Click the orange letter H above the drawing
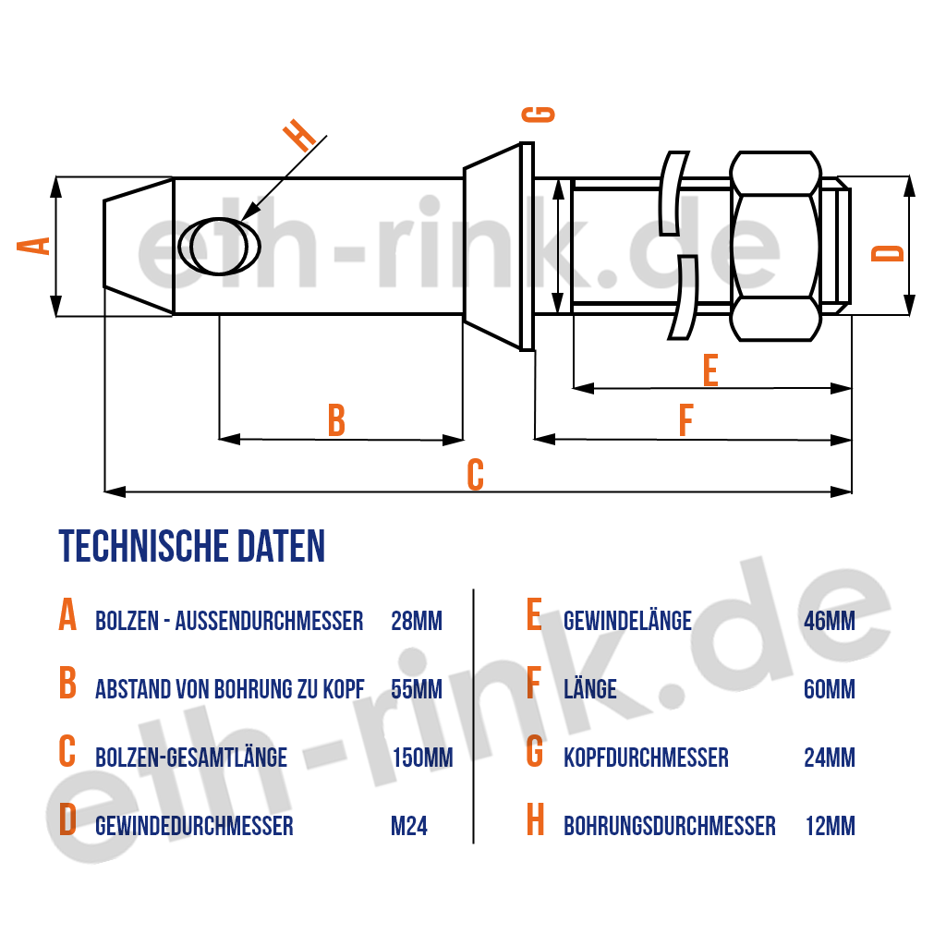300,136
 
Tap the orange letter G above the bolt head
539,115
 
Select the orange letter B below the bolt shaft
336,420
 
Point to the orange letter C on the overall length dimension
476,475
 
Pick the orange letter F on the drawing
686,420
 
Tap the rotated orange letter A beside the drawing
34,246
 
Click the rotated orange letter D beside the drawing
888,253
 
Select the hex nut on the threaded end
776,246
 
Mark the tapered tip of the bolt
139,246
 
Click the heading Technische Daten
192,547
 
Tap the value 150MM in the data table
422,758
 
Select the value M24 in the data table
409,826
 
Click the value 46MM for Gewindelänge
830,621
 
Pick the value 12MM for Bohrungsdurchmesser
831,826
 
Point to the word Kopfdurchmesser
646,758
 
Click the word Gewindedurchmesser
194,826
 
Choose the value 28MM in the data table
417,621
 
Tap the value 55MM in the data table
417,689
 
